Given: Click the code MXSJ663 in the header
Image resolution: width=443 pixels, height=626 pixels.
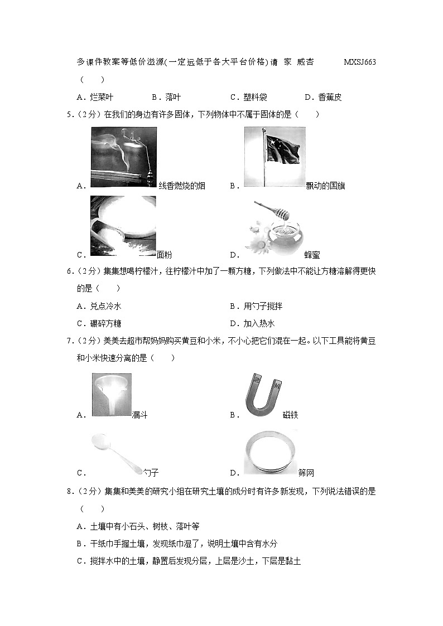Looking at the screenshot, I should (x=360, y=62).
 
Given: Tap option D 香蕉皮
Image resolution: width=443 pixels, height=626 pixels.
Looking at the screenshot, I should (x=323, y=97).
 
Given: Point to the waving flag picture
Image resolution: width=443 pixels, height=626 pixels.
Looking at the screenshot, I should (x=275, y=157).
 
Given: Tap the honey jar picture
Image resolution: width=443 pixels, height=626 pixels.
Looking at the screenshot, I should (x=274, y=229).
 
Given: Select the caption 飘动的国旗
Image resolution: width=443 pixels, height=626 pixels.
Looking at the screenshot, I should (x=325, y=186).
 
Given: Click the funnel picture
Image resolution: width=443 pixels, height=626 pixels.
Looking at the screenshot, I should (x=112, y=395).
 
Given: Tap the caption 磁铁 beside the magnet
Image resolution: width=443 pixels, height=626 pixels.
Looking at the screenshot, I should (x=291, y=415).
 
